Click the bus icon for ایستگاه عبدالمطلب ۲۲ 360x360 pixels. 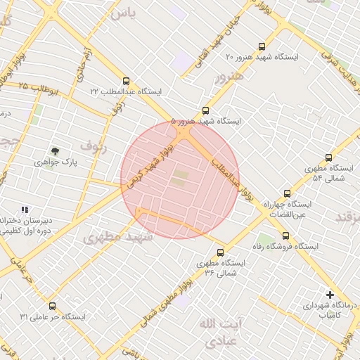click(127, 81)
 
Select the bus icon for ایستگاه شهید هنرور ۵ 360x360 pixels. click(205, 110)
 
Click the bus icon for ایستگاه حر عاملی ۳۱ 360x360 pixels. click(53, 306)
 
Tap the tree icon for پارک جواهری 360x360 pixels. click(55, 150)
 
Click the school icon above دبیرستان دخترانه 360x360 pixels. click(25, 210)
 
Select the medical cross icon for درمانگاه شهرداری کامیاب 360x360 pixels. click(330, 295)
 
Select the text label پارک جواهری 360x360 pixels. click(53, 162)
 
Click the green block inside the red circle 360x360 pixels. click(181, 178)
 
